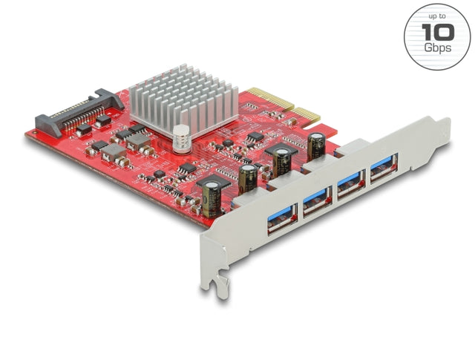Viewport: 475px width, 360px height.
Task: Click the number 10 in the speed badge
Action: pyautogui.click(x=436, y=32)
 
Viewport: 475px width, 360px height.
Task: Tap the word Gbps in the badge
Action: pyautogui.click(x=436, y=48)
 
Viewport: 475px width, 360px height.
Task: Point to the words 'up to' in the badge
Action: pyautogui.click(x=436, y=16)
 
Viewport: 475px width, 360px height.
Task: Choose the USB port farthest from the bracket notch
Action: pyautogui.click(x=384, y=168)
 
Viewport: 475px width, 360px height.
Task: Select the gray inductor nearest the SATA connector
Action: pyautogui.click(x=113, y=152)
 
